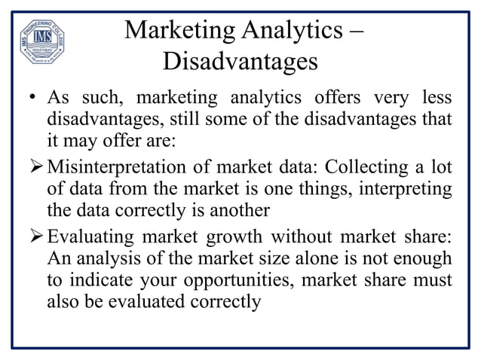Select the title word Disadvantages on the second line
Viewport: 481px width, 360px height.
click(240, 60)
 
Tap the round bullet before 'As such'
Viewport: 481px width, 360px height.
click(34, 100)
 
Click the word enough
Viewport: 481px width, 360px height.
click(422, 258)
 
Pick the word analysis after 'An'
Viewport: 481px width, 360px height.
click(107, 258)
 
